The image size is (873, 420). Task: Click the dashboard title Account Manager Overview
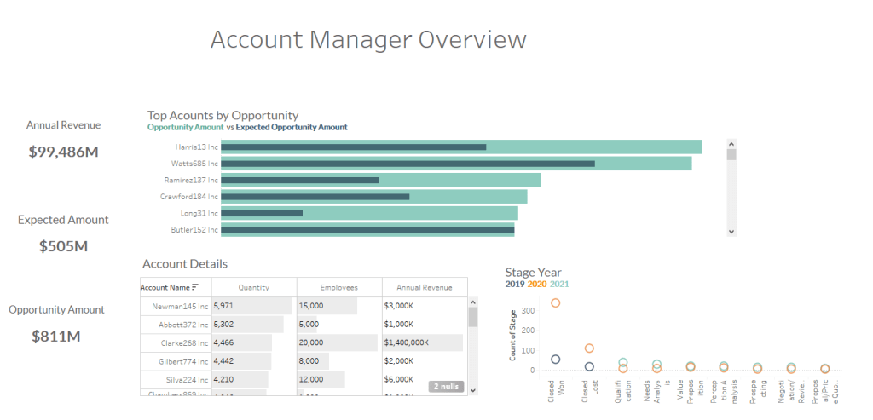point(368,40)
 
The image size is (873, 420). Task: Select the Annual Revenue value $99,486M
point(63,152)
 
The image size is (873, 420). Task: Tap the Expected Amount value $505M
point(63,246)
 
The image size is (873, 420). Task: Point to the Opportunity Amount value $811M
point(56,337)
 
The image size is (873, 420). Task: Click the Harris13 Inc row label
point(191,147)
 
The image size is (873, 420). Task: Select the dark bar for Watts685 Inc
point(408,164)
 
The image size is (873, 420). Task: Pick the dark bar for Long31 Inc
point(262,213)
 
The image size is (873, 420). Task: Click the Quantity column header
point(254,288)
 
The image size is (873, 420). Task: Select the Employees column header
point(338,288)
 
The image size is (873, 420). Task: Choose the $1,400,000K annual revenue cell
point(407,343)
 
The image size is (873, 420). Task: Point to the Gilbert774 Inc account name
point(183,362)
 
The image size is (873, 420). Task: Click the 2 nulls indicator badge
point(446,387)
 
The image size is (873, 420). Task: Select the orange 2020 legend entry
point(537,285)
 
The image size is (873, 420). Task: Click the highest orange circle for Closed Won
point(556,303)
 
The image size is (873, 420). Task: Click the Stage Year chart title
point(533,273)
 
